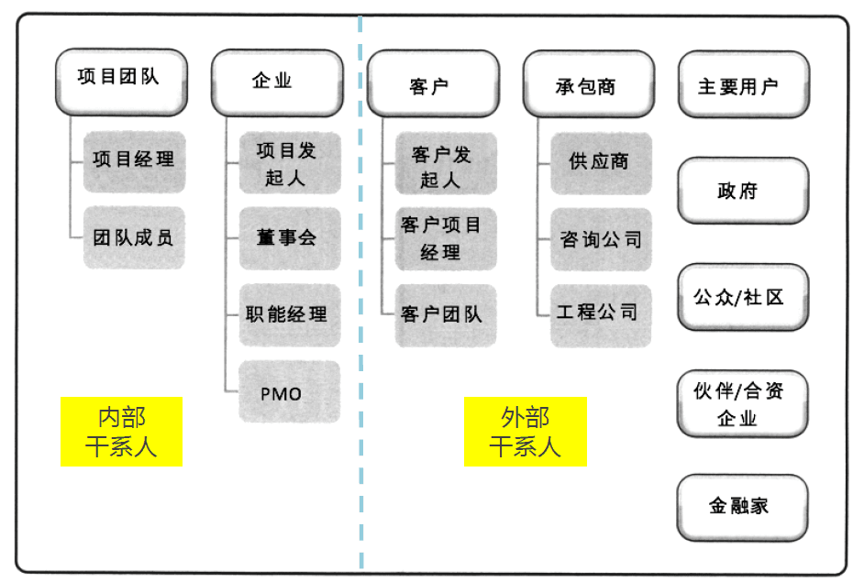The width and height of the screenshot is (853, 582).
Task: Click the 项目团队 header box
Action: pyautogui.click(x=121, y=82)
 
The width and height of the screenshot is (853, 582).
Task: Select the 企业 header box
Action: pyautogui.click(x=277, y=82)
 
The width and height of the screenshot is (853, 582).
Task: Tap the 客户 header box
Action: pyautogui.click(x=433, y=83)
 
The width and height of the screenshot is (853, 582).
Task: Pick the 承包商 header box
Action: pyautogui.click(x=589, y=83)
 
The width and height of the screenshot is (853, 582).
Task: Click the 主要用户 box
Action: pyautogui.click(x=744, y=84)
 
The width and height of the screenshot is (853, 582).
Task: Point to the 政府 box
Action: pyautogui.click(x=743, y=191)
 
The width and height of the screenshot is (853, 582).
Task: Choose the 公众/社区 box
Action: pyautogui.click(x=743, y=297)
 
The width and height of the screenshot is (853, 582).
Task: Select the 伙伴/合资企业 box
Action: pyautogui.click(x=742, y=404)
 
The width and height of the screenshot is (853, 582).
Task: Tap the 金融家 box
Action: pyautogui.click(x=742, y=508)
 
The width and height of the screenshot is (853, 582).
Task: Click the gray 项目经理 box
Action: pyautogui.click(x=134, y=161)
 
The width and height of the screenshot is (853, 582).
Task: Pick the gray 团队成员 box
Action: pyautogui.click(x=134, y=237)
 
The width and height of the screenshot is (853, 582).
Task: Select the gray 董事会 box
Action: pyautogui.click(x=290, y=238)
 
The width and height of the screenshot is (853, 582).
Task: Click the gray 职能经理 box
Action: pyautogui.click(x=290, y=314)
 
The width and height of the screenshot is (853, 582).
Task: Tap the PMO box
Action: pyautogui.click(x=290, y=391)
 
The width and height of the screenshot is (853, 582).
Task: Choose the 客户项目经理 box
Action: pyautogui.click(x=446, y=238)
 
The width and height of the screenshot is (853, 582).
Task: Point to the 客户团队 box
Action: pyautogui.click(x=446, y=315)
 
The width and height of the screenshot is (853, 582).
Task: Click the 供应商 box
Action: pyautogui.click(x=601, y=163)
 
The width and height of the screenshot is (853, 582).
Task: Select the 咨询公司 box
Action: pyautogui.click(x=601, y=239)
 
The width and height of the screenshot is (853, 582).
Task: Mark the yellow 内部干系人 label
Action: pyautogui.click(x=121, y=432)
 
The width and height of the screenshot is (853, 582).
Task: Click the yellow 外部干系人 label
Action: pyautogui.click(x=526, y=432)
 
